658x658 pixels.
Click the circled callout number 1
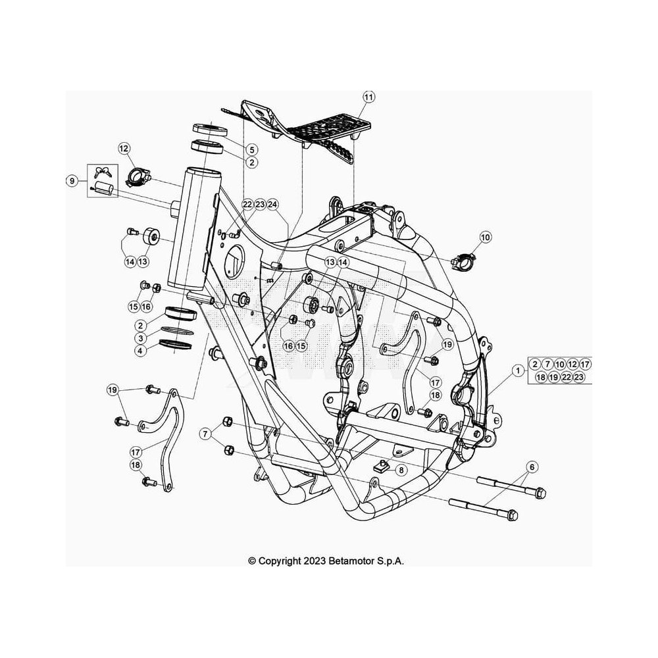519,370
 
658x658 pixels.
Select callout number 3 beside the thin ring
141,338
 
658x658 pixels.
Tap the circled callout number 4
141,351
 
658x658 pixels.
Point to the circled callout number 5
252,149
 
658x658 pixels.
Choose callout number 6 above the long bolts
532,467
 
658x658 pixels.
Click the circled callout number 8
401,470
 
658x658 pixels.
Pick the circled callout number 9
72,181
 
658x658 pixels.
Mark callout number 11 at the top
368,97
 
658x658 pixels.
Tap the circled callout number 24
273,205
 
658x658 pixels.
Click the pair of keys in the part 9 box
102,171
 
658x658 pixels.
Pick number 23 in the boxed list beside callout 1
578,377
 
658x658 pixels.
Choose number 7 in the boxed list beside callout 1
547,365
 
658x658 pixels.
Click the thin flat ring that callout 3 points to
176,331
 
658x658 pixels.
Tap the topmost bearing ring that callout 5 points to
210,130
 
